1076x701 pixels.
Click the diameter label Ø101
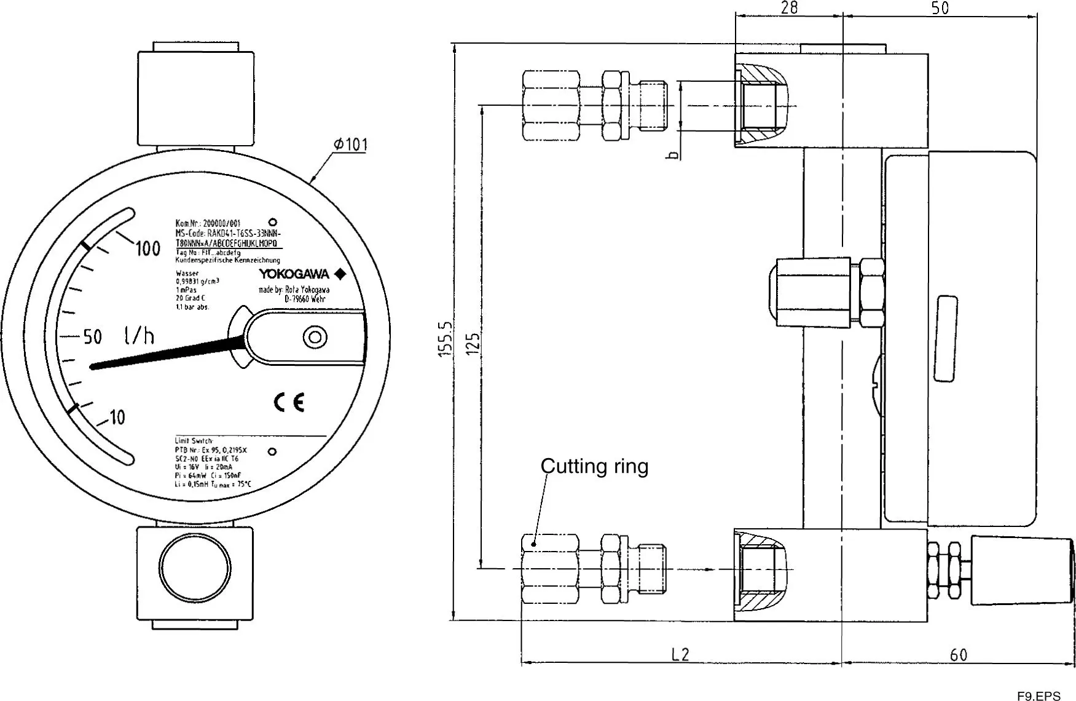tap(351, 145)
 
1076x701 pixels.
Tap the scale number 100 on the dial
tap(147, 249)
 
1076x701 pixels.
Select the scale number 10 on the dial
tap(117, 418)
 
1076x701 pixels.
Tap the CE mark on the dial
tap(289, 403)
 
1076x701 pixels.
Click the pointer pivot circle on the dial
tap(315, 337)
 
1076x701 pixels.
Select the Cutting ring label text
tap(594, 466)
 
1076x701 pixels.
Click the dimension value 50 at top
tap(940, 8)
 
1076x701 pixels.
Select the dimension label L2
tap(680, 654)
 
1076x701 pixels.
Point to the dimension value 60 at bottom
tap(958, 655)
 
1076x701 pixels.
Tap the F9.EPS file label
tap(1038, 696)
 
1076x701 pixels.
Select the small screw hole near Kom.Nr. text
tap(273, 222)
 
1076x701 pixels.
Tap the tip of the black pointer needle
tap(93, 367)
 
